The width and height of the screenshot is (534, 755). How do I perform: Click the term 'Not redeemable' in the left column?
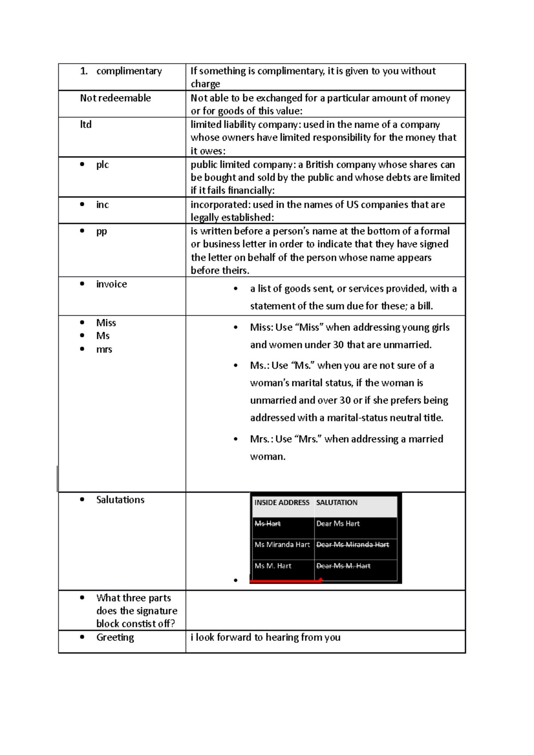pos(115,98)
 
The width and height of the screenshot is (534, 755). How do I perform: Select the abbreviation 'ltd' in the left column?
pos(86,125)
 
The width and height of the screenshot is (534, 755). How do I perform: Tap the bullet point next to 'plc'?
pos(82,165)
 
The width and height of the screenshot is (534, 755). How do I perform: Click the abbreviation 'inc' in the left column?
pos(102,205)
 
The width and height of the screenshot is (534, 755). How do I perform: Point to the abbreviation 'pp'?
pos(101,232)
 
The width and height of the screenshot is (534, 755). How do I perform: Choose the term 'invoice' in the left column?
pos(111,284)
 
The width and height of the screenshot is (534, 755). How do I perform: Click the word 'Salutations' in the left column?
pos(120,500)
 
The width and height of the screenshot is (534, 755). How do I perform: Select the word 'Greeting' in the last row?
pos(115,638)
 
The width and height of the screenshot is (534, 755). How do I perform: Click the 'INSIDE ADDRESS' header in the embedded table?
pos(282,503)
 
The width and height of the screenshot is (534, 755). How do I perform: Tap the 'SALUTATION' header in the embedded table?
pos(337,503)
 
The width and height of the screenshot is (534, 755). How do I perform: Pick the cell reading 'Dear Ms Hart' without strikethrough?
pos(338,524)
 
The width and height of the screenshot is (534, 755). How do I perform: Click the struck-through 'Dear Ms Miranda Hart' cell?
pos(352,545)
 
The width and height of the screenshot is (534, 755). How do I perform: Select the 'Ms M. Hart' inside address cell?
pos(273,566)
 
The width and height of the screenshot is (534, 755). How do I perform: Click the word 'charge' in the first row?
pos(205,84)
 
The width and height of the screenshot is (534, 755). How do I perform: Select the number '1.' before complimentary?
pos(84,71)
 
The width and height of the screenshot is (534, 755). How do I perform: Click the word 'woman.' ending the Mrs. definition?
pos(267,457)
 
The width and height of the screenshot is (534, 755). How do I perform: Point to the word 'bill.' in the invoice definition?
pos(425,306)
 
